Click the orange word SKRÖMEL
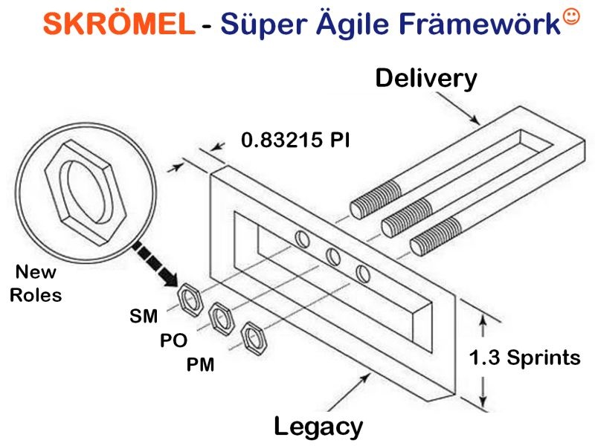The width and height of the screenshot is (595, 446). (x=119, y=23)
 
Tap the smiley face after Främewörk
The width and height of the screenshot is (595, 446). (x=571, y=17)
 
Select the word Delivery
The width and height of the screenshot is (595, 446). (x=425, y=79)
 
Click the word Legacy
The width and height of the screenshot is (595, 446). (x=318, y=427)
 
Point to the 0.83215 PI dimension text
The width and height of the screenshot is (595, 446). (x=295, y=140)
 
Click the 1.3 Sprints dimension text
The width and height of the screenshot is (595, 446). (x=525, y=358)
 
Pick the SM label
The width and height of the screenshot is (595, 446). (x=144, y=317)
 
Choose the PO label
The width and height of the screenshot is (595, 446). (x=173, y=340)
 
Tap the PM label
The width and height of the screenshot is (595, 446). (x=200, y=365)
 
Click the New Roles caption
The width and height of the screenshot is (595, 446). (x=36, y=283)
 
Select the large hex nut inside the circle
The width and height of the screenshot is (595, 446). (x=86, y=193)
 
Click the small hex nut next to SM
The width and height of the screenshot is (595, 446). (x=190, y=300)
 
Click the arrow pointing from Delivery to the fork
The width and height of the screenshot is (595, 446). (x=457, y=109)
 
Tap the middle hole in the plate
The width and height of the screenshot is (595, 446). (x=333, y=256)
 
